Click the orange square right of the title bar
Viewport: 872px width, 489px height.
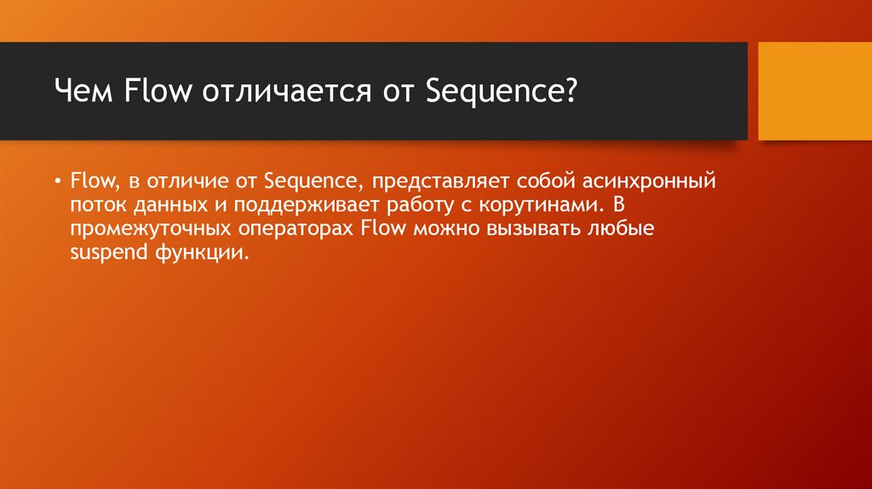point(815,92)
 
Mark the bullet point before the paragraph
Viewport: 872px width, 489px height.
point(56,181)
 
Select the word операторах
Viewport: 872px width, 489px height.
point(284,229)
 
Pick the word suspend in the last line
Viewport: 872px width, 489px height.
point(100,253)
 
